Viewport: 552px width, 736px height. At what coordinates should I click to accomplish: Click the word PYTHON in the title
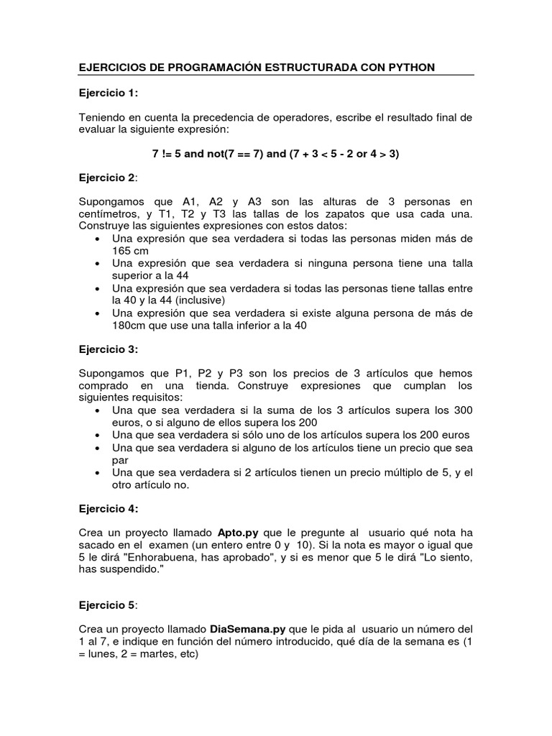[x=410, y=68]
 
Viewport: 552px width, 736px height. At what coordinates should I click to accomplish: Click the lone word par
[x=120, y=461]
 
